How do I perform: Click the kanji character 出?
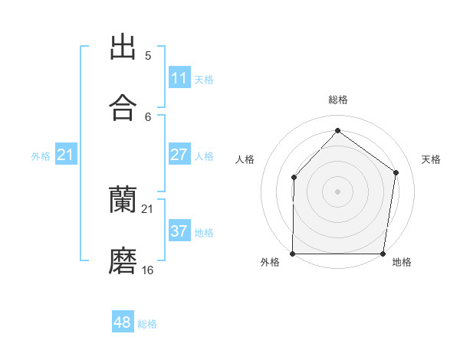click(x=123, y=47)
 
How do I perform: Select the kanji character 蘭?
click(x=123, y=200)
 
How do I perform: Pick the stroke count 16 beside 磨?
click(x=148, y=270)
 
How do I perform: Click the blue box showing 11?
click(x=179, y=78)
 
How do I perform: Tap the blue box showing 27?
click(x=179, y=155)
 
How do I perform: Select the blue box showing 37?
click(x=179, y=231)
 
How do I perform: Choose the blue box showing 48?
click(x=123, y=322)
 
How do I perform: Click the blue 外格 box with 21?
click(x=66, y=155)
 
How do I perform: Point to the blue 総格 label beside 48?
click(x=147, y=324)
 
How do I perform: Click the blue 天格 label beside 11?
click(x=204, y=79)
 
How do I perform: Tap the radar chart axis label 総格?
click(x=338, y=100)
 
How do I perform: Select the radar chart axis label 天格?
click(x=431, y=159)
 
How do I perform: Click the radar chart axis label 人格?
click(x=245, y=159)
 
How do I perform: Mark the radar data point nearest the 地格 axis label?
click(x=383, y=254)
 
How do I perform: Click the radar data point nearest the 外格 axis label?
click(x=293, y=254)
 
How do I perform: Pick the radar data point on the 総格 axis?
click(x=337, y=131)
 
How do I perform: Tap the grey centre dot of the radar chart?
click(x=337, y=191)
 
